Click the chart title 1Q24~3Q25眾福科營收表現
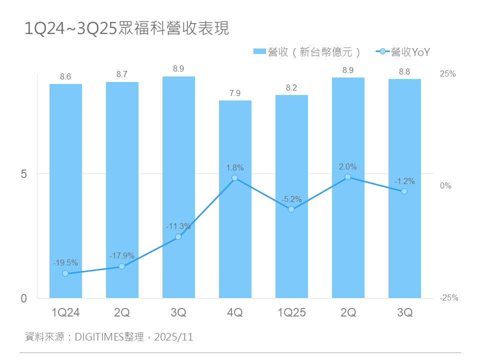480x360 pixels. (127, 28)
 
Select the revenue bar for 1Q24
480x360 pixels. (65, 190)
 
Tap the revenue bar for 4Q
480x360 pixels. (235, 200)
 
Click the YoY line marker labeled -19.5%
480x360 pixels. (65, 273)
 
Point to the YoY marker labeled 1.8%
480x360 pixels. (235, 178)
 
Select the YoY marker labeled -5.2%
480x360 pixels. (291, 209)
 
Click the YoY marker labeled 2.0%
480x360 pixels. (348, 177)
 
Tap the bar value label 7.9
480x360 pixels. (235, 93)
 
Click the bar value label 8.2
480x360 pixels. (291, 87)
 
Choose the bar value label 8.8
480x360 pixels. (404, 72)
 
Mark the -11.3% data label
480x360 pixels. (178, 226)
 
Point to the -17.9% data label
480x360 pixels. (121, 256)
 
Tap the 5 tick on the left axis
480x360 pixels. (23, 174)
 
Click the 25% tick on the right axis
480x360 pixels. (447, 74)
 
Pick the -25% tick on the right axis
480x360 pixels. (448, 298)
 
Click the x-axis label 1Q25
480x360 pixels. (291, 313)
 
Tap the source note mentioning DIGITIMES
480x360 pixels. (109, 337)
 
